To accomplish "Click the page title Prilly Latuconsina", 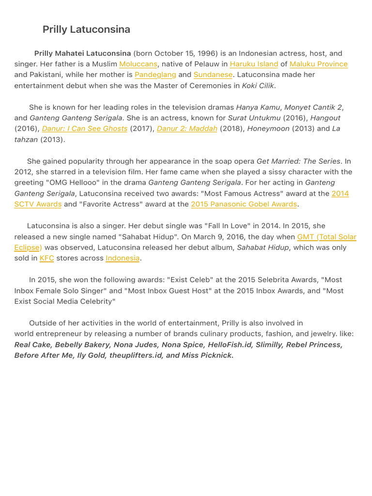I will tap(86, 30).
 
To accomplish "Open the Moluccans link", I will tap(138, 64).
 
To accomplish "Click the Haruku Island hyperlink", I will tap(254, 64).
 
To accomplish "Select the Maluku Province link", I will tap(318, 64).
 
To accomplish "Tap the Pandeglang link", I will tap(155, 75).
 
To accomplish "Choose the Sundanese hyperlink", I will tap(213, 75).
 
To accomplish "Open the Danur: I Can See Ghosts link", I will tap(85, 129).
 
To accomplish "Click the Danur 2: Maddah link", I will tap(187, 129).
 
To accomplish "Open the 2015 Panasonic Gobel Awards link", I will tap(244, 204).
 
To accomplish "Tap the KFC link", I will tap(46, 258).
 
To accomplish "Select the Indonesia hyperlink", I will tap(123, 258).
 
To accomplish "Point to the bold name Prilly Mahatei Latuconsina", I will tap(83, 53).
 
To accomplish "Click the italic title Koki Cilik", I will tap(258, 86).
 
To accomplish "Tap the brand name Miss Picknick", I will tap(207, 356).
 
